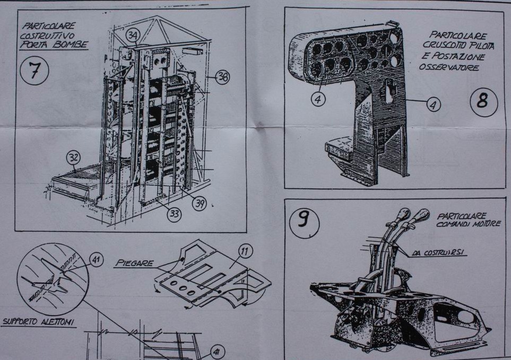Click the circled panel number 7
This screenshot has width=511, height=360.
coord(34,71)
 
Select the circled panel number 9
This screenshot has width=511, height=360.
coord(303,219)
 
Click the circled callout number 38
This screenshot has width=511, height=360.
coord(223,77)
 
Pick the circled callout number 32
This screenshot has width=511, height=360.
coord(74,157)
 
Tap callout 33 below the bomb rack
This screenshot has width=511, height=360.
coord(173,214)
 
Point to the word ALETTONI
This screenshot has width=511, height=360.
coord(58,321)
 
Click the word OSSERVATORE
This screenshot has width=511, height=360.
coord(449,67)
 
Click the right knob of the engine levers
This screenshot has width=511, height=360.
coord(422,215)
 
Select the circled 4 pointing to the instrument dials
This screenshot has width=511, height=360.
coord(318,99)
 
